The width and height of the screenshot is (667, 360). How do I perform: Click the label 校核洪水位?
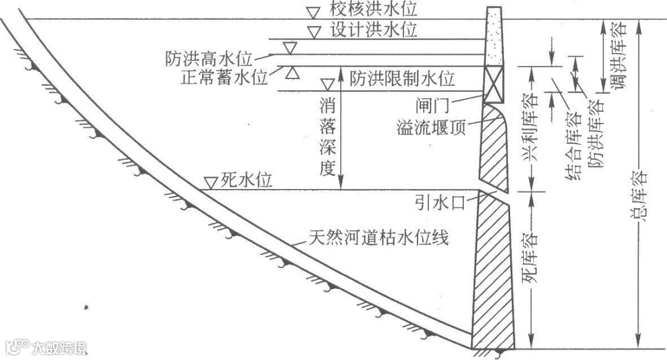(374, 9)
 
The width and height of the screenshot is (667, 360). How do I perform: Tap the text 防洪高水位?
(209, 59)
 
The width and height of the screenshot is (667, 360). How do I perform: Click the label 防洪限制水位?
(402, 79)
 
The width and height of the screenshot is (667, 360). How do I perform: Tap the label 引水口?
(440, 201)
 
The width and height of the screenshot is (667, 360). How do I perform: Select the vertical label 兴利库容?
(529, 130)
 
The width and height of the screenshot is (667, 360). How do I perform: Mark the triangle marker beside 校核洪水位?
(315, 11)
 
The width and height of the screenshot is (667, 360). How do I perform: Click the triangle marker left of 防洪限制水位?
(329, 82)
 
